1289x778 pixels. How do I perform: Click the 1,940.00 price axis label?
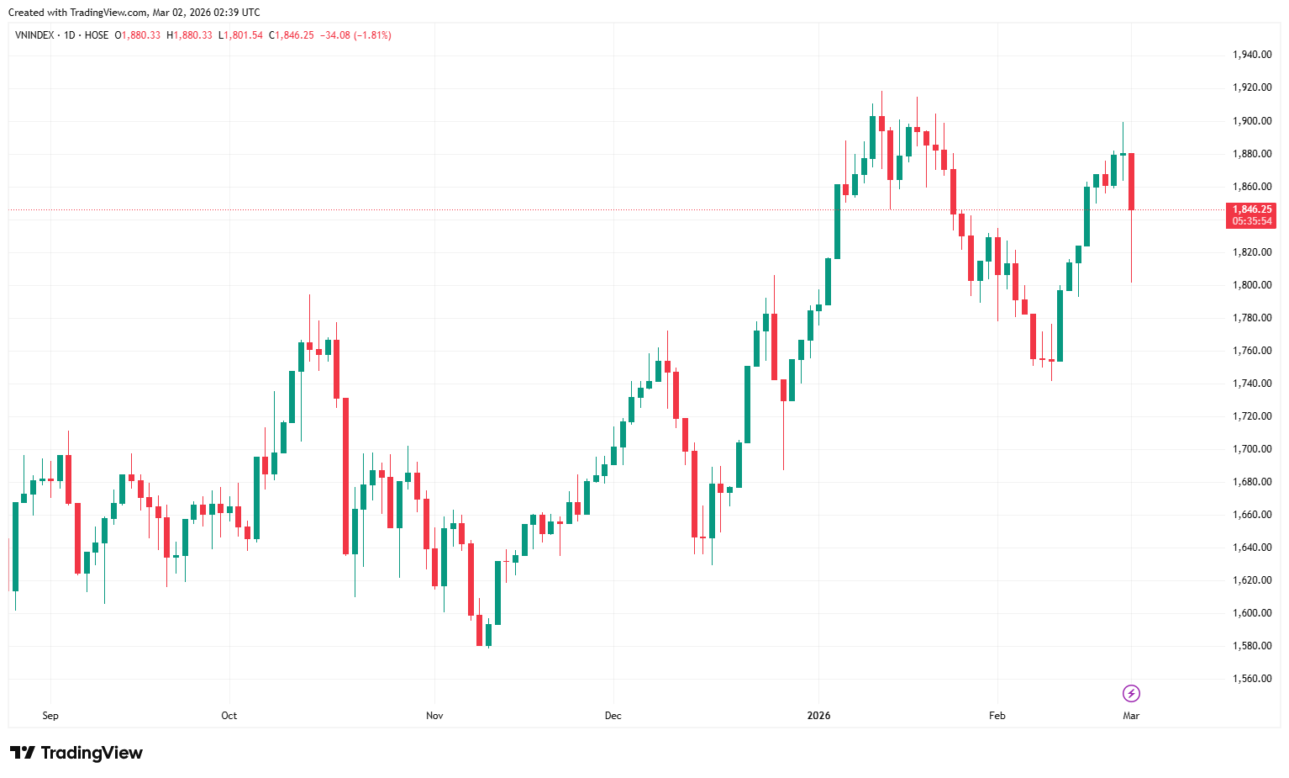1251,55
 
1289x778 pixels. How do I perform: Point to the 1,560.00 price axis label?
1251,679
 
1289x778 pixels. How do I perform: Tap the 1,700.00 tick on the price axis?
1251,449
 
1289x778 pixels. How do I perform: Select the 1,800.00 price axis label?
1251,285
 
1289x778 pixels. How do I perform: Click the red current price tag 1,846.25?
1251,209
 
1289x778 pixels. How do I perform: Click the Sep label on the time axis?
50,716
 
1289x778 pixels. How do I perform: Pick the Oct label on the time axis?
229,716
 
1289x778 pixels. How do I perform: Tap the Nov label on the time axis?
434,716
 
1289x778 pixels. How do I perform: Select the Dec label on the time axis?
613,716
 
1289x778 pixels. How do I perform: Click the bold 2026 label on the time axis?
818,716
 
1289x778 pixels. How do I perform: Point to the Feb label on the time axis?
997,716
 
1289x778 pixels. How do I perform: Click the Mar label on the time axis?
1131,716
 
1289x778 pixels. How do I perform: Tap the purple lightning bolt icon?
1131,694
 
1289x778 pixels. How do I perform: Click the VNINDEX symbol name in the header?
35,35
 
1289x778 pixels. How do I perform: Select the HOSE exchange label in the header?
97,35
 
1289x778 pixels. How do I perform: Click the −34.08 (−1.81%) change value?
355,35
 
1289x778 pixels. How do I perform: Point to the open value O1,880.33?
139,35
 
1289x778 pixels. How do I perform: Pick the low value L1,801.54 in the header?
240,35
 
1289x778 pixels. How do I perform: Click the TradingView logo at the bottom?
76,753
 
